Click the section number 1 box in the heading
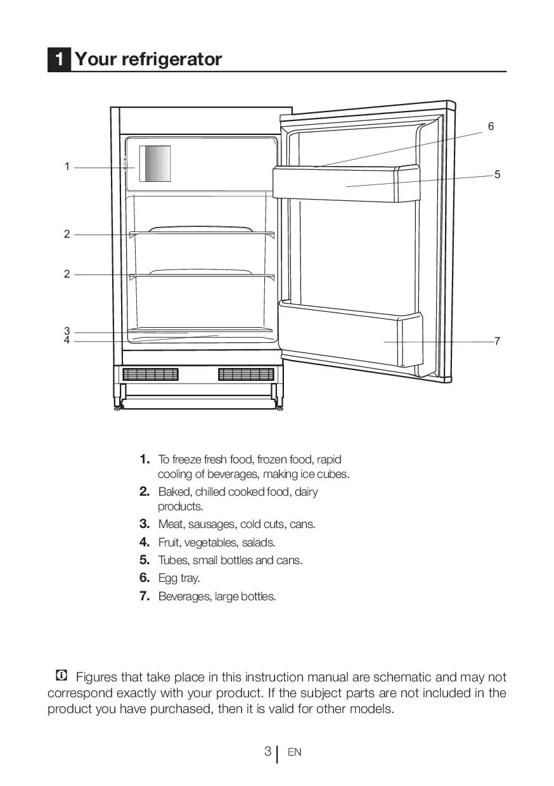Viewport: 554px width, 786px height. tap(59, 60)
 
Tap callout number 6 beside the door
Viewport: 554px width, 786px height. tap(491, 127)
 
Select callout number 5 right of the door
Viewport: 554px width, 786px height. tap(498, 174)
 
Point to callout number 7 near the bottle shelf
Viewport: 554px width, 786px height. tap(498, 341)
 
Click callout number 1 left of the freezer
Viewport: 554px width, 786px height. tap(67, 167)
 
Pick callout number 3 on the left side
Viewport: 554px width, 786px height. tap(67, 331)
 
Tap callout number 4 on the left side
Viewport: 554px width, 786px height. tap(67, 340)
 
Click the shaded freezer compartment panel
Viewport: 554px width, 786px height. tap(155, 164)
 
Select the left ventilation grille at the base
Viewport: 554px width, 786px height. tap(150, 375)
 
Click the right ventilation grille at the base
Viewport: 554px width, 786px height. tap(246, 375)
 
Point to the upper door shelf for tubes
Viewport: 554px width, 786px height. tap(345, 184)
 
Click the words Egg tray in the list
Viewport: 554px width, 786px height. tap(179, 578)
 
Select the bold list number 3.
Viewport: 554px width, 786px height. tap(145, 524)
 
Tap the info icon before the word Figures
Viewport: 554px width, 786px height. tap(61, 676)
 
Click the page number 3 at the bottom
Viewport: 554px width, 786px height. tap(267, 752)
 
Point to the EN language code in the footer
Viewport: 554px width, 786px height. tap(294, 752)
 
